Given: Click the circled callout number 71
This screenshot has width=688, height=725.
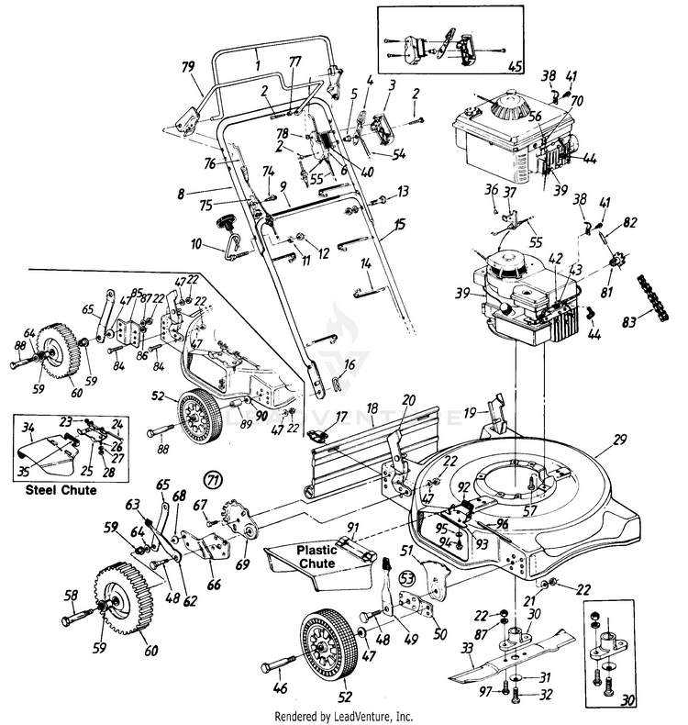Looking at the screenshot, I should coord(214,479).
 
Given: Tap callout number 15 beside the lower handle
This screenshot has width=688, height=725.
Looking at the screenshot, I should coord(399,225).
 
